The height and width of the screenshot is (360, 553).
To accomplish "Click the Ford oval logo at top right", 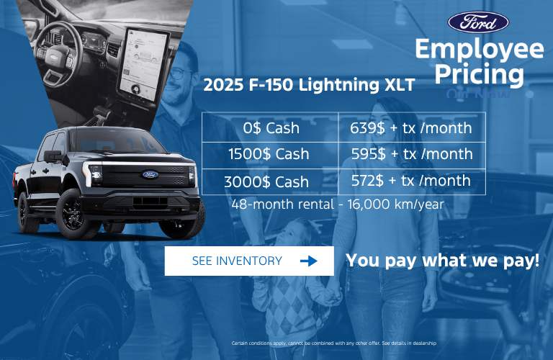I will point(478,22).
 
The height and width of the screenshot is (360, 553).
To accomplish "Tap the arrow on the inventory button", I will point(308,261).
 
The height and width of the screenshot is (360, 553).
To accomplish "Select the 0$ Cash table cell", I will point(271,128).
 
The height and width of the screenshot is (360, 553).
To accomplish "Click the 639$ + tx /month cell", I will point(411,128).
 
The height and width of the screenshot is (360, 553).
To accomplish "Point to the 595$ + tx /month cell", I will point(411,154).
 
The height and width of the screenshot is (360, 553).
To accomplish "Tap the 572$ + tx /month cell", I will point(411,181).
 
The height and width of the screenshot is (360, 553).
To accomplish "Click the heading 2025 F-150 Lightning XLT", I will point(309,85).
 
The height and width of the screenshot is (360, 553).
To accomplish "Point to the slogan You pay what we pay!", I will point(443,260).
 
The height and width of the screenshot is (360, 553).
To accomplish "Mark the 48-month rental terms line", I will point(338,204).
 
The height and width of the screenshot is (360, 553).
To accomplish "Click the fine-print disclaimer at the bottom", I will point(333,343).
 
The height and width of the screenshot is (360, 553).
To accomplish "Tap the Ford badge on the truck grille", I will point(150,174).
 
